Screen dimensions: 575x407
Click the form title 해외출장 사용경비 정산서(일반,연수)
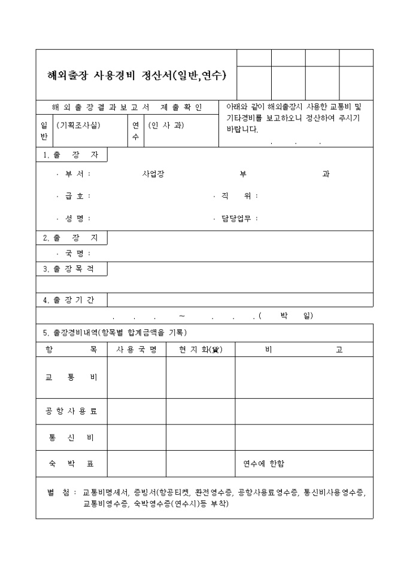136,76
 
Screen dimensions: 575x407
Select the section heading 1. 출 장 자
71,155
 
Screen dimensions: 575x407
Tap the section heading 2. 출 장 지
71,238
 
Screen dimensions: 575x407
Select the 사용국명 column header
136,350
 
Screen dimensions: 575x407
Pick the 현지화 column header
200,350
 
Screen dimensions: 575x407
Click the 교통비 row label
71,378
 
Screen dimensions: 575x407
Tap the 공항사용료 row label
71,411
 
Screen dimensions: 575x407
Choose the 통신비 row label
71,438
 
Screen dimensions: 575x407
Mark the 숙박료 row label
71,464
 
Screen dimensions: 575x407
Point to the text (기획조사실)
78,126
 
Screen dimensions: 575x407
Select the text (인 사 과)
166,126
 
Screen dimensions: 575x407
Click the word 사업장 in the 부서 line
153,174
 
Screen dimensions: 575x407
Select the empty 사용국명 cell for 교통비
136,378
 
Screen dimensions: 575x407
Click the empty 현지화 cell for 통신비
200,438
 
